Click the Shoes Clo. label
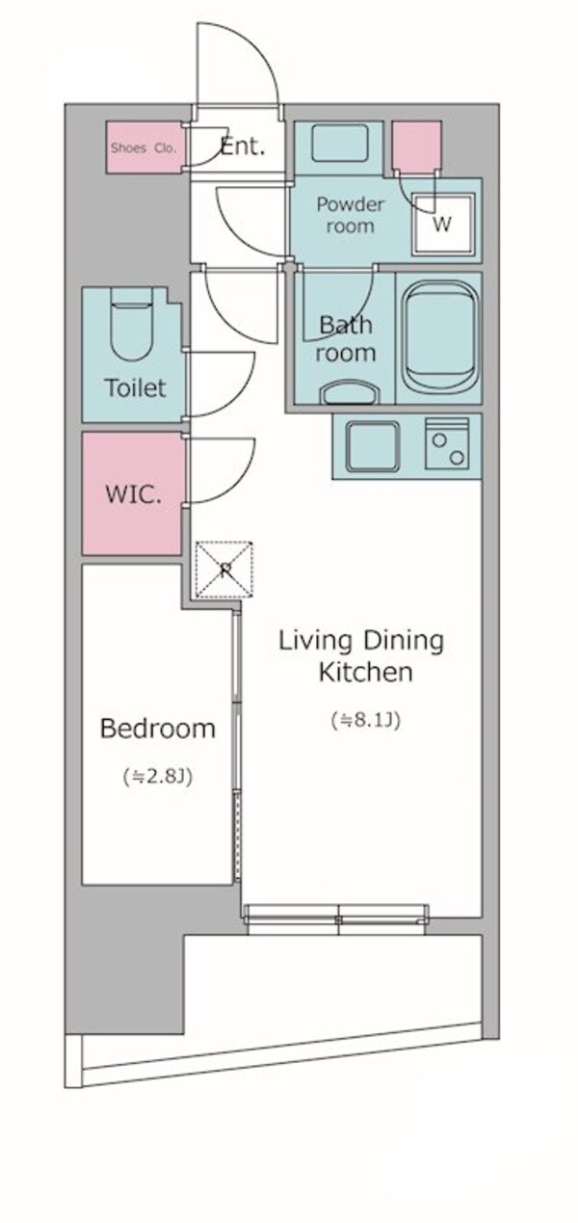[144, 148]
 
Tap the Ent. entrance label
[243, 146]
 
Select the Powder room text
[351, 215]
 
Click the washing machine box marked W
[442, 224]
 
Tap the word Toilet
[136, 388]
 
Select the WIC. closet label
[133, 495]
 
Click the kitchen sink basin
[372, 446]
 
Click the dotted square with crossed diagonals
[224, 569]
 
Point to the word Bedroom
[158, 729]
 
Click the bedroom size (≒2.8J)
[158, 776]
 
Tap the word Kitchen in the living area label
[366, 672]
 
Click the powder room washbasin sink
[339, 142]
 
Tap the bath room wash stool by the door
[349, 391]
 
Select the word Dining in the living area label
[405, 641]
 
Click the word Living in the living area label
[315, 641]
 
